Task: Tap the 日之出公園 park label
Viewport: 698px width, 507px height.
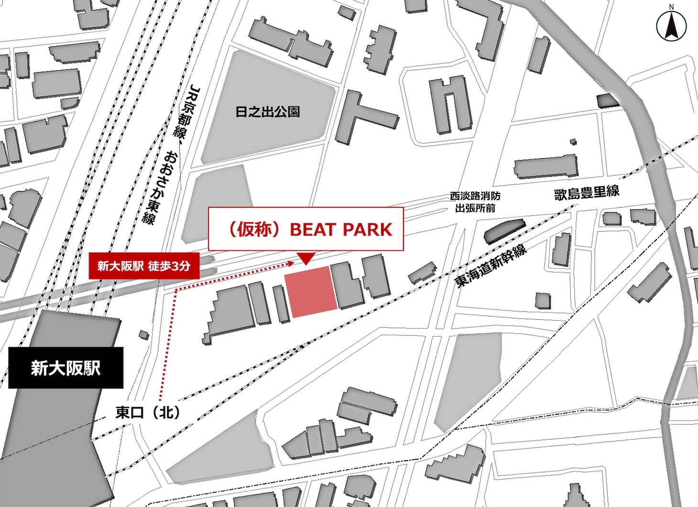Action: tap(268, 112)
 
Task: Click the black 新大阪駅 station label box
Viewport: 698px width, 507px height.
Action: tap(65, 368)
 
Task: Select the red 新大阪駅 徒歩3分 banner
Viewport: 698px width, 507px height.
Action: tap(143, 266)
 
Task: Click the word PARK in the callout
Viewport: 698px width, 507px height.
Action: tap(367, 230)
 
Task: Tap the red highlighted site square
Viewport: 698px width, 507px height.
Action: tap(311, 291)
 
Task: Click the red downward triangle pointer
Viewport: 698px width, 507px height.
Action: tap(305, 258)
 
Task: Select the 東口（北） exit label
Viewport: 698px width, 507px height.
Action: tap(148, 412)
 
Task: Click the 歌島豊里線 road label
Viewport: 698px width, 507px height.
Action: tap(587, 193)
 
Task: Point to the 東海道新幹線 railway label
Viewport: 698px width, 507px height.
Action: tap(491, 266)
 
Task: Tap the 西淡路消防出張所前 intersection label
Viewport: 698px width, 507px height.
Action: tap(475, 202)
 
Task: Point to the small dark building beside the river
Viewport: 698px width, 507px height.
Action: tap(608, 100)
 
